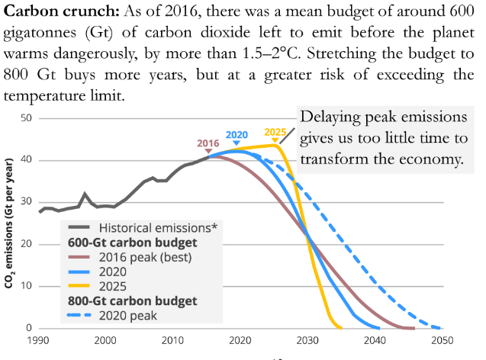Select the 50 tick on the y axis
point(26,118)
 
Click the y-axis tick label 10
point(26,286)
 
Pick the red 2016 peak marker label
point(208,143)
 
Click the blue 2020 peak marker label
point(237,135)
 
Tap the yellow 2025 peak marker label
point(275,132)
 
